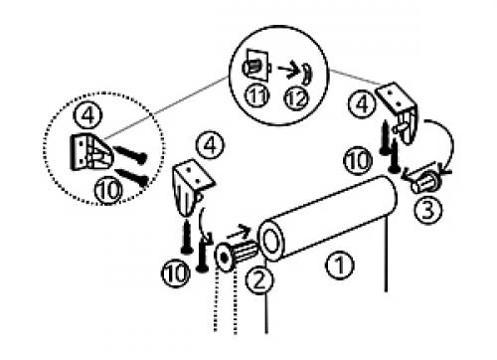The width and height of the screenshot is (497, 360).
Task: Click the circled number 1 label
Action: pyautogui.click(x=340, y=266)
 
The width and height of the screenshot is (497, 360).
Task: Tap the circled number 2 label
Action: pyautogui.click(x=259, y=280)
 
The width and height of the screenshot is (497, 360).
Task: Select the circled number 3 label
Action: pyautogui.click(x=427, y=210)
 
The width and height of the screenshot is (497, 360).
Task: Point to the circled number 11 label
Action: pyautogui.click(x=257, y=96)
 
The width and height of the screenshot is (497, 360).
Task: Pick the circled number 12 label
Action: pyautogui.click(x=296, y=98)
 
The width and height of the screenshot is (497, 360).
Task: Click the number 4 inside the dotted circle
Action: pyautogui.click(x=87, y=115)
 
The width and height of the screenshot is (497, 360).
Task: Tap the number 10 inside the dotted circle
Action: pyautogui.click(x=108, y=190)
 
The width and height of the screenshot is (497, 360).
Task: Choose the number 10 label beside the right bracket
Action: pyautogui.click(x=358, y=161)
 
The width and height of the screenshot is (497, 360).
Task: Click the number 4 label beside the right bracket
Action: pyautogui.click(x=362, y=103)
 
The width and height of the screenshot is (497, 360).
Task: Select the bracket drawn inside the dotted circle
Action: pyautogui.click(x=91, y=152)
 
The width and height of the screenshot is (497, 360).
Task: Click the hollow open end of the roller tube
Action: pyautogui.click(x=271, y=241)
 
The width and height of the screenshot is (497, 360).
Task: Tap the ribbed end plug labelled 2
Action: pyautogui.click(x=236, y=255)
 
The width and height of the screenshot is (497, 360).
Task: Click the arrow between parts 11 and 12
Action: pyautogui.click(x=288, y=70)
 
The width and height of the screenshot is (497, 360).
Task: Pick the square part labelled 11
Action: pyautogui.click(x=255, y=65)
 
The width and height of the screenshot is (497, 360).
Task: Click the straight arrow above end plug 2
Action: pyautogui.click(x=240, y=232)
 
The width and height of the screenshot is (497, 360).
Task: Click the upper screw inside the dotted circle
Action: pyautogui.click(x=130, y=154)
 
